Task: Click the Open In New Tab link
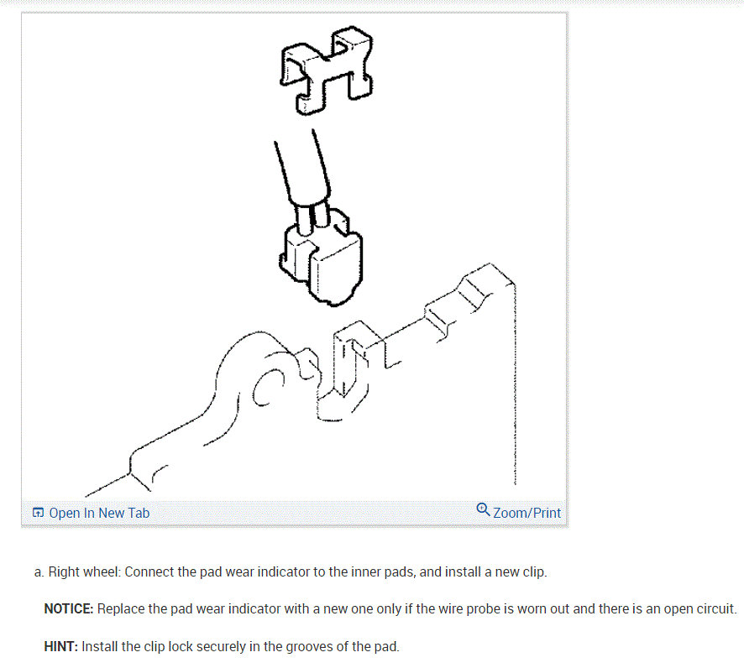coord(99,513)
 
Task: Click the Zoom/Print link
coord(527,513)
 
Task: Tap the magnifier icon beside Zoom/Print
coord(483,510)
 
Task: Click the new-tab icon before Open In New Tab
coord(38,513)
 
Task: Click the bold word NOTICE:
coord(68,608)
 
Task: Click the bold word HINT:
coord(60,647)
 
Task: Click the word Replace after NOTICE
coord(122,608)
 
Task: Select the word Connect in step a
coord(149,572)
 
